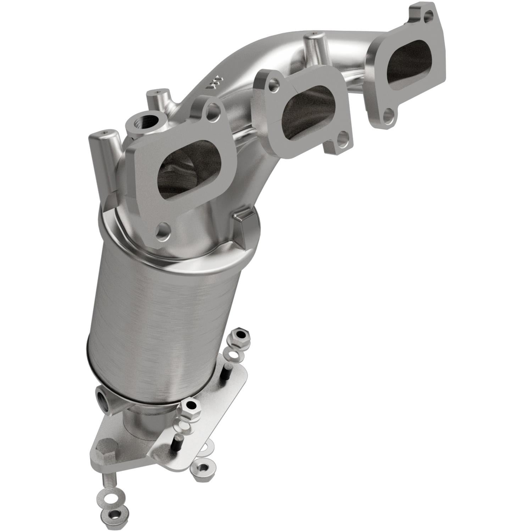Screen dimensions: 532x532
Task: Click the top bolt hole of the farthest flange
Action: (x=428, y=5)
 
